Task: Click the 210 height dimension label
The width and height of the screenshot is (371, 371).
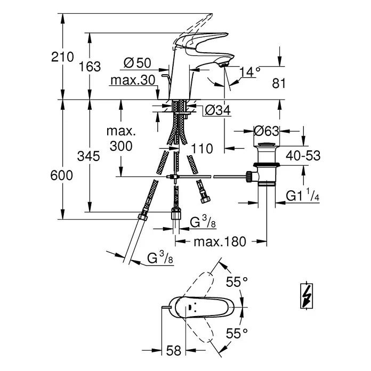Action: pyautogui.click(x=63, y=57)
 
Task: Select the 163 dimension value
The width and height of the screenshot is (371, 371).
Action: pyautogui.click(x=90, y=66)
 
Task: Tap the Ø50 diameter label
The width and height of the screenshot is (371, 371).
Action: pyautogui.click(x=137, y=63)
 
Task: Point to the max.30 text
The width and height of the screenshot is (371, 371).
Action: pyautogui.click(x=133, y=80)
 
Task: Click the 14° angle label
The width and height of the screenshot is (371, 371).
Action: pyautogui.click(x=250, y=71)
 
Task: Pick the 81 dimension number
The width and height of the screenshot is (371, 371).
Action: pyautogui.click(x=279, y=84)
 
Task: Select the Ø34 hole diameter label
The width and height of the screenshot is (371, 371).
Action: pyautogui.click(x=217, y=110)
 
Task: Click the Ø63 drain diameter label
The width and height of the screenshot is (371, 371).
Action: pyautogui.click(x=267, y=131)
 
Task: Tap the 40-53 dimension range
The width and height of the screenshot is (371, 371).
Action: pyautogui.click(x=303, y=156)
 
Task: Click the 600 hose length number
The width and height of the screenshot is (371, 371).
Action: pyautogui.click(x=61, y=175)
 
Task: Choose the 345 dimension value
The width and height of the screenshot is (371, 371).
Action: pyautogui.click(x=88, y=156)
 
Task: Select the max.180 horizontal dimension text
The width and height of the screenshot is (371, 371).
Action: pyautogui.click(x=220, y=242)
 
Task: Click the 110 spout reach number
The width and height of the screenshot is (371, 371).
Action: pyautogui.click(x=202, y=149)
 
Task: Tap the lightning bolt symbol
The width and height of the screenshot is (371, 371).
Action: pyautogui.click(x=307, y=295)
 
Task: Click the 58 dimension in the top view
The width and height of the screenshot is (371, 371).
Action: pyautogui.click(x=173, y=350)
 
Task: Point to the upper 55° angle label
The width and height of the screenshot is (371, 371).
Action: pyautogui.click(x=237, y=282)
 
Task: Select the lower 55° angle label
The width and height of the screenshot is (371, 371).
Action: pyautogui.click(x=237, y=333)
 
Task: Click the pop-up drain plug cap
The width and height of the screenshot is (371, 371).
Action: pyautogui.click(x=266, y=145)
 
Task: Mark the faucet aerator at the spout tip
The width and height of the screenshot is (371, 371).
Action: pyautogui.click(x=223, y=65)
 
